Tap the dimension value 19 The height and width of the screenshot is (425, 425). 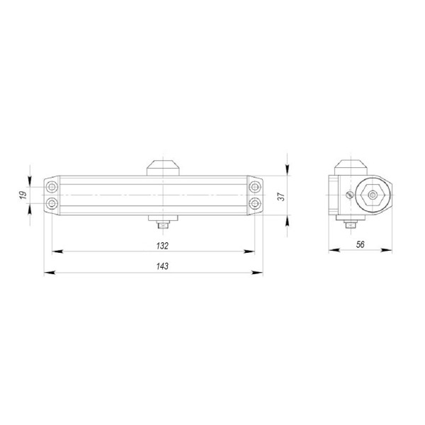coord(22,195)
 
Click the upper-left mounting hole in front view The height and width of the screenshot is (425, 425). coord(52,187)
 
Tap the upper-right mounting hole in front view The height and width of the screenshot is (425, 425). coord(253,187)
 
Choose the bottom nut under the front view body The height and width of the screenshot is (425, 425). coord(162,225)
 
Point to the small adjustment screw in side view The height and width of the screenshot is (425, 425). coord(348,196)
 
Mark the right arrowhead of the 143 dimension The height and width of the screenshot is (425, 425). coord(259,272)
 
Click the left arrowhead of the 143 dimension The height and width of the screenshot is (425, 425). coord(47,272)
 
